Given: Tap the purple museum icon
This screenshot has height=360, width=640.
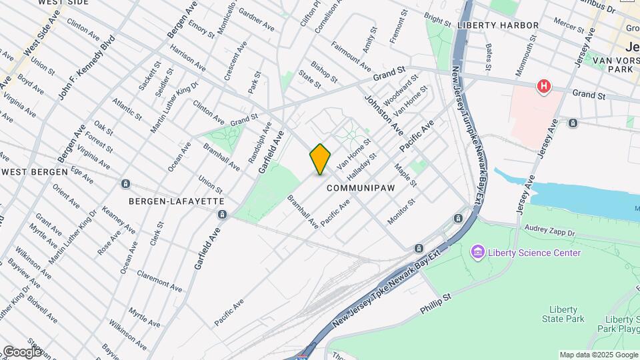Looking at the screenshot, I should (477, 253).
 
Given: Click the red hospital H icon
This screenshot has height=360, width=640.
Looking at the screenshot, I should (545, 87).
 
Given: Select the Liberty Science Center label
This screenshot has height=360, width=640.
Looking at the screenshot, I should (534, 253).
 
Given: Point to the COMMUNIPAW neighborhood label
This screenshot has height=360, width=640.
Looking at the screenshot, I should (361, 189).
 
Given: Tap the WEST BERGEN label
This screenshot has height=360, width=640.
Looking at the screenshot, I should (35, 171).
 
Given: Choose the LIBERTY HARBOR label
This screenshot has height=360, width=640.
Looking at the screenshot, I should (498, 25).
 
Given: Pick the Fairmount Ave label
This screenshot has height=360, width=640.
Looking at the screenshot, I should (351, 57).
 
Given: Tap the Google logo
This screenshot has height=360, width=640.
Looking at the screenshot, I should (22, 351).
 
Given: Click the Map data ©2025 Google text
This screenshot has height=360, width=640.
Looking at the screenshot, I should (599, 355).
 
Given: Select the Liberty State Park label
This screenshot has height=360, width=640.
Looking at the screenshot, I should (567, 314).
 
